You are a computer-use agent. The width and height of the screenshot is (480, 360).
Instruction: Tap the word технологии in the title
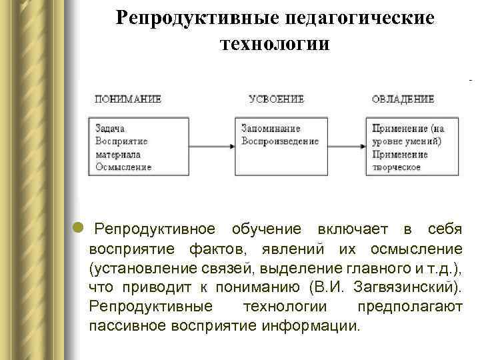(274, 44)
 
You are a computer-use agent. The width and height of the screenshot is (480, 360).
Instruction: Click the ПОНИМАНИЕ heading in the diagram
(128, 99)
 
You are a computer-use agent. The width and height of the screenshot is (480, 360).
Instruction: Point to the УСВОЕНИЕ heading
(277, 99)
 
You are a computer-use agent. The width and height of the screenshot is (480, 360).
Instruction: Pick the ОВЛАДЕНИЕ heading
(403, 99)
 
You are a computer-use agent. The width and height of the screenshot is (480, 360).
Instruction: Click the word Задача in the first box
(110, 129)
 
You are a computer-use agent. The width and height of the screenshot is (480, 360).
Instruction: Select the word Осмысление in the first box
(123, 167)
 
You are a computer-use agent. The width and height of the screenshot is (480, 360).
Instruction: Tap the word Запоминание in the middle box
(271, 129)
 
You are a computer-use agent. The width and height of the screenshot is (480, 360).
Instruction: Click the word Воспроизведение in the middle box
(280, 141)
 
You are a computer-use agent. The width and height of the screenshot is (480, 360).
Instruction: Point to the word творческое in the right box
(397, 167)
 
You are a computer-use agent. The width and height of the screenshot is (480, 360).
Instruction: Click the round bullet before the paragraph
(79, 229)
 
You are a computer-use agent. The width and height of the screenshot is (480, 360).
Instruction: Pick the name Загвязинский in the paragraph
(409, 287)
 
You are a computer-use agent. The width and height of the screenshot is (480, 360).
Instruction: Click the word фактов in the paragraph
(217, 249)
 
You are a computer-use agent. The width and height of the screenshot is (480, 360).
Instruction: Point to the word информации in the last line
(317, 327)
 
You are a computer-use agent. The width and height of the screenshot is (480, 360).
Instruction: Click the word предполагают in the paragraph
(409, 307)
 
